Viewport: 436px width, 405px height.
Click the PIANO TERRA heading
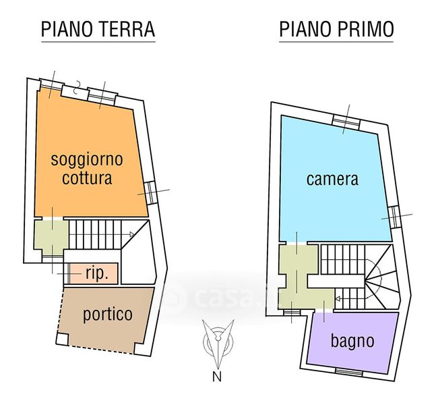[98, 30]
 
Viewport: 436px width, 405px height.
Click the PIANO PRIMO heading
[336, 30]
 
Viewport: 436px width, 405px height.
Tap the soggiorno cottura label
[87, 169]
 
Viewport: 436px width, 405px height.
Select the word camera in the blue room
[332, 180]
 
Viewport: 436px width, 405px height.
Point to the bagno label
[352, 340]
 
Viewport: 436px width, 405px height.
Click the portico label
[108, 314]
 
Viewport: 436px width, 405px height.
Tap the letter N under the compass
[217, 377]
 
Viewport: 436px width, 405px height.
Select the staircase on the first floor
[350, 270]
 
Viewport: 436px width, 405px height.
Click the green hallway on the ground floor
[49, 236]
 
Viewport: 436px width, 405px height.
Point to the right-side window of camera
[394, 216]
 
